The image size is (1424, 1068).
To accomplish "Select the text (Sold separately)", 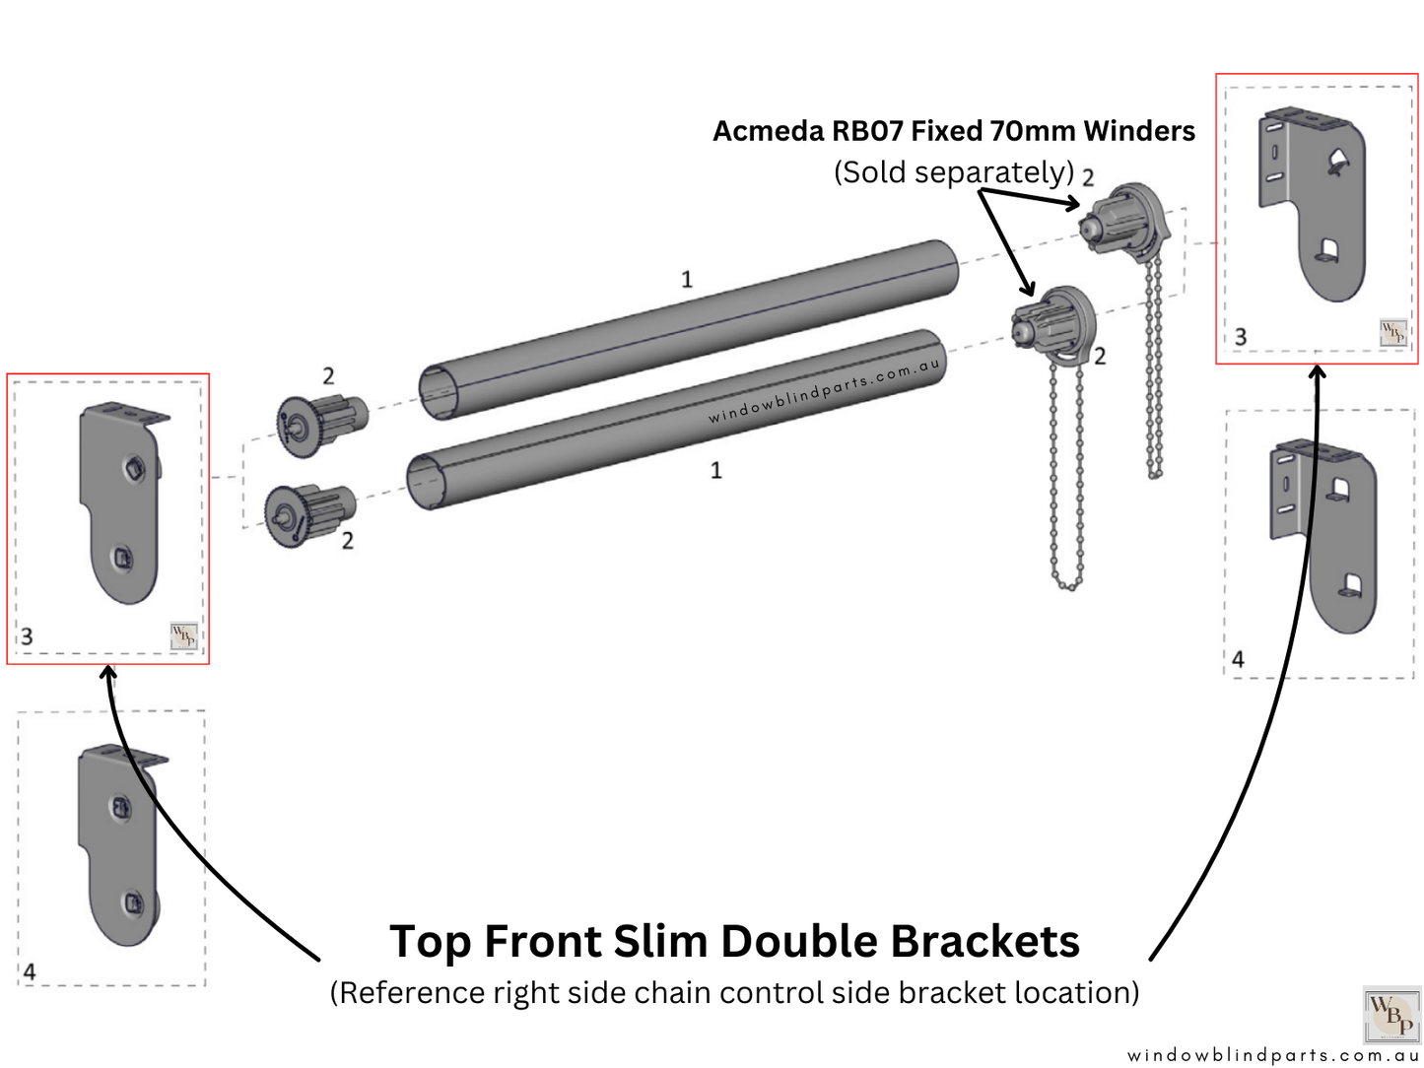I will [953, 172].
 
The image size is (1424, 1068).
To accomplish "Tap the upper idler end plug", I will [320, 423].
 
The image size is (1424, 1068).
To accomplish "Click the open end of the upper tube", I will [438, 392].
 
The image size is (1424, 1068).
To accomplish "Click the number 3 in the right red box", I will [1241, 337].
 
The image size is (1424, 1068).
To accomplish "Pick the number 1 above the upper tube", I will [687, 280].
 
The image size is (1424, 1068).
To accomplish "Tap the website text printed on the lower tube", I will [824, 391].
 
